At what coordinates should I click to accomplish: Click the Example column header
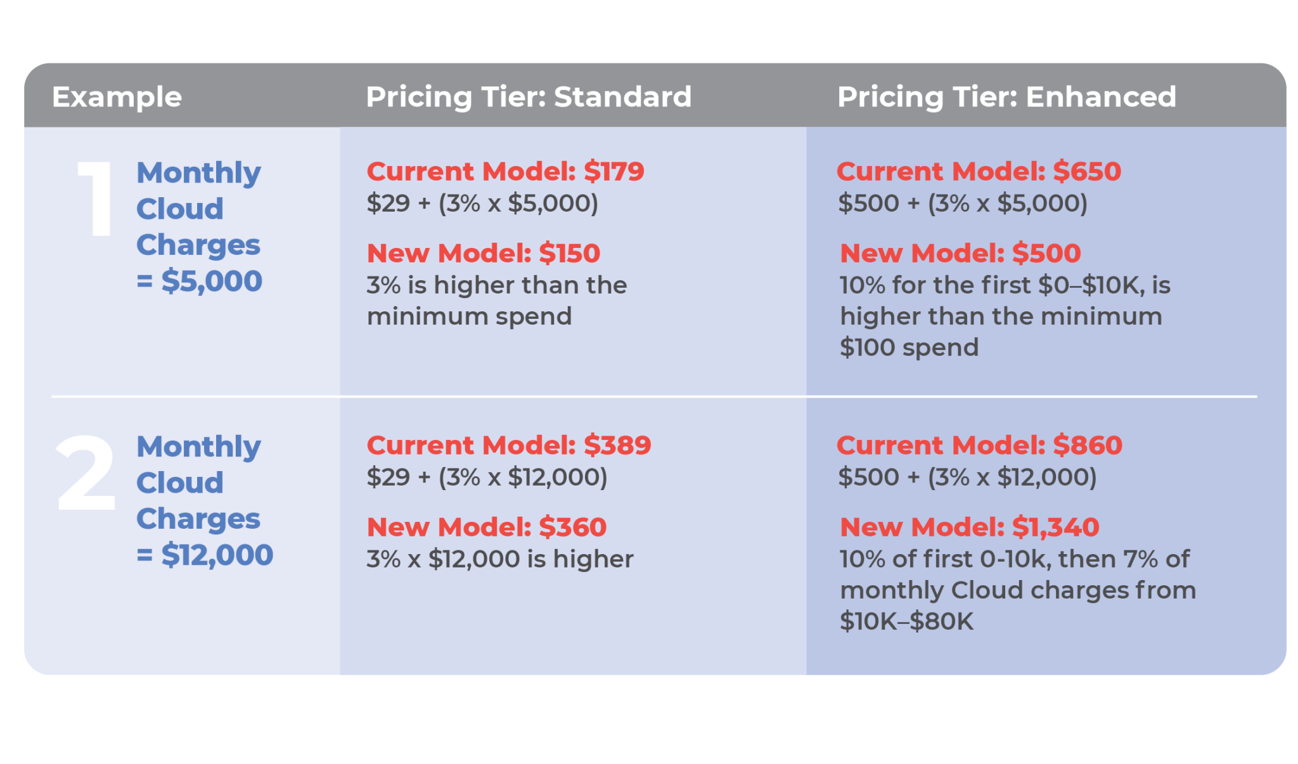pyautogui.click(x=117, y=97)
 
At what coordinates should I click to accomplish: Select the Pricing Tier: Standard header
pyautogui.click(x=528, y=97)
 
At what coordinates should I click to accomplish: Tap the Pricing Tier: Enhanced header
pyautogui.click(x=1006, y=97)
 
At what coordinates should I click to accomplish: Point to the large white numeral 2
pyautogui.click(x=86, y=474)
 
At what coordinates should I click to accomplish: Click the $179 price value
pyautogui.click(x=614, y=171)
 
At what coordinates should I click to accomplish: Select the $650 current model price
pyautogui.click(x=1087, y=171)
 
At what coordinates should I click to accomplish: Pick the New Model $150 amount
pyautogui.click(x=569, y=253)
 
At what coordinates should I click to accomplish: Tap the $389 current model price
pyautogui.click(x=617, y=445)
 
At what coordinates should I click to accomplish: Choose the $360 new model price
pyautogui.click(x=572, y=527)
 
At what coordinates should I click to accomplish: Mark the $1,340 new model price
pyautogui.click(x=1055, y=527)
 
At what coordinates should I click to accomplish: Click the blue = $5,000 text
pyautogui.click(x=199, y=281)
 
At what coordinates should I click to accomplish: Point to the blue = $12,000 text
pyautogui.click(x=205, y=555)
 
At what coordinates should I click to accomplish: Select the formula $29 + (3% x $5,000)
pyautogui.click(x=482, y=204)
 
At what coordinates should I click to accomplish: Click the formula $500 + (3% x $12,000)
pyautogui.click(x=967, y=477)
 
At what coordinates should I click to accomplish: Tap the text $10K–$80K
pyautogui.click(x=906, y=621)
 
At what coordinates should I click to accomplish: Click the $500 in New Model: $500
pyautogui.click(x=1046, y=253)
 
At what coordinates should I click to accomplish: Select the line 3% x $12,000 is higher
pyautogui.click(x=500, y=559)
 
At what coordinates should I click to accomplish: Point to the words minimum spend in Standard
pyautogui.click(x=469, y=316)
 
